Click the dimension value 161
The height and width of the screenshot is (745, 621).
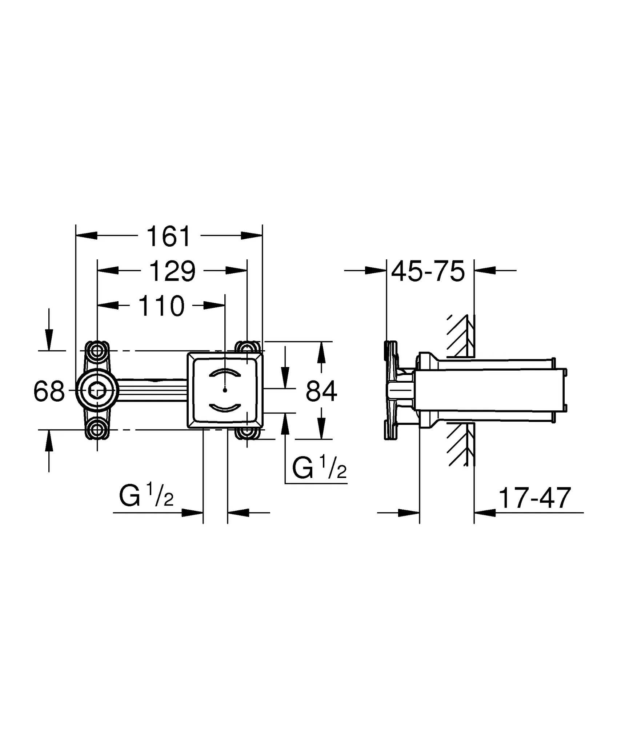click(x=169, y=237)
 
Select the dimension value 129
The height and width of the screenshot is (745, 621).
click(x=172, y=271)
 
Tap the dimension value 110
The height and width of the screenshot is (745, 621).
click(x=162, y=306)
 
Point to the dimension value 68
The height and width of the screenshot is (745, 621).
click(x=49, y=392)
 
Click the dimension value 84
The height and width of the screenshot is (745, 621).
click(x=321, y=392)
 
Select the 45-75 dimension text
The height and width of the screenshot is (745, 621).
click(x=428, y=271)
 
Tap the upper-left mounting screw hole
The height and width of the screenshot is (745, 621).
click(x=97, y=351)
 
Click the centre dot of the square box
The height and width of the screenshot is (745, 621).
click(x=225, y=390)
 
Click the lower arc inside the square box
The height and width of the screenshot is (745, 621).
click(x=225, y=409)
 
